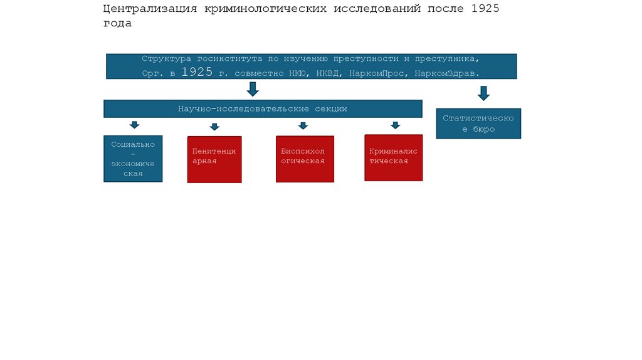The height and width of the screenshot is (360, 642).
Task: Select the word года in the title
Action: pyautogui.click(x=118, y=23)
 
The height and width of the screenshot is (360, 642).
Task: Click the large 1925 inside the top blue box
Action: pyautogui.click(x=197, y=72)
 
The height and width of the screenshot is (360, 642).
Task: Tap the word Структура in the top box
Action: pyautogui.click(x=166, y=58)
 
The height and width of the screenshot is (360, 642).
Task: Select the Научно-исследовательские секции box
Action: pyautogui.click(x=262, y=109)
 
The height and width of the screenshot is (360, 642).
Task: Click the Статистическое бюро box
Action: pyautogui.click(x=478, y=124)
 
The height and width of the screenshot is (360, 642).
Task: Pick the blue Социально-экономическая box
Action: pyautogui.click(x=133, y=159)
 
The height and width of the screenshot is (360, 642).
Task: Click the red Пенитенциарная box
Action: pyautogui.click(x=214, y=159)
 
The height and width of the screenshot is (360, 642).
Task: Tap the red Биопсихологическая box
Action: pyautogui.click(x=305, y=159)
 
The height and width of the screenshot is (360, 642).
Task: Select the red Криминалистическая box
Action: pyautogui.click(x=393, y=158)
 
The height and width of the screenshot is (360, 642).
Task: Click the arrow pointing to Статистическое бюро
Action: pyautogui.click(x=483, y=93)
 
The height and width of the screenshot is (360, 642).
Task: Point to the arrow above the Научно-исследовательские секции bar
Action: pyautogui.click(x=253, y=89)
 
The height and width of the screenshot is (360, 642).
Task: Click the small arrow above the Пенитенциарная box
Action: pyautogui.click(x=214, y=127)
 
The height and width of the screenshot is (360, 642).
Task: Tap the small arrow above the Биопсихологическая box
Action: pyautogui.click(x=303, y=125)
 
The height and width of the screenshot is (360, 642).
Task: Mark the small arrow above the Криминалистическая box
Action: pyautogui.click(x=395, y=125)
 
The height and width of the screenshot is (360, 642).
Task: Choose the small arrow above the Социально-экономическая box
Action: pyautogui.click(x=134, y=125)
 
